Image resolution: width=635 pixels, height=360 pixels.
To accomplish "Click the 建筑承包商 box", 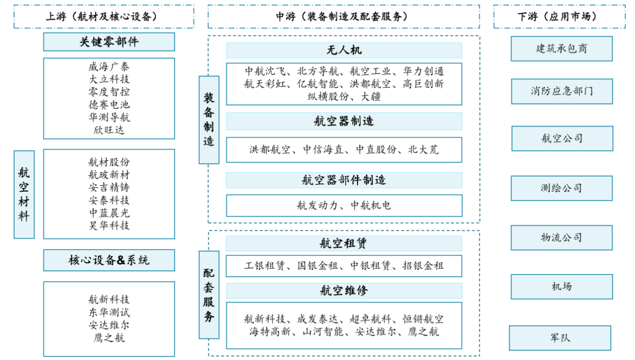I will pyautogui.click(x=561, y=49).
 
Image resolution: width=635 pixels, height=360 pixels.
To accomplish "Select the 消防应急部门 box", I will pyautogui.click(x=562, y=91).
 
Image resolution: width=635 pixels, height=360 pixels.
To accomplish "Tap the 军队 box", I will pyautogui.click(x=560, y=338).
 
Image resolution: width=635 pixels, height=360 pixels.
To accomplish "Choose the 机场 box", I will pyautogui.click(x=562, y=286).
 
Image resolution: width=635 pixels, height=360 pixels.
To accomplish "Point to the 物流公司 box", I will pyautogui.click(x=561, y=237).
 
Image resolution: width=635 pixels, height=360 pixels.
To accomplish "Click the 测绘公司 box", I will pyautogui.click(x=561, y=188).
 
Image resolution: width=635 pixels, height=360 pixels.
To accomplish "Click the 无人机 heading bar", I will pyautogui.click(x=344, y=50).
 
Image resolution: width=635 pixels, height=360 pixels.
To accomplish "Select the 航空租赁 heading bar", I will pyautogui.click(x=344, y=244).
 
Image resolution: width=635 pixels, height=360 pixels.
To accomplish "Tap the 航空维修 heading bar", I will pyautogui.click(x=344, y=290).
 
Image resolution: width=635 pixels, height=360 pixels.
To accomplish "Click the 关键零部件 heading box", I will pyautogui.click(x=109, y=42).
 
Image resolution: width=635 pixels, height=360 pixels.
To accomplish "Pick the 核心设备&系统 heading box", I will pyautogui.click(x=109, y=260).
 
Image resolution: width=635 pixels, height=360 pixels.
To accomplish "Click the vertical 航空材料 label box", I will pyautogui.click(x=24, y=194).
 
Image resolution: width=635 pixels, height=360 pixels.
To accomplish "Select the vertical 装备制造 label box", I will pyautogui.click(x=209, y=119).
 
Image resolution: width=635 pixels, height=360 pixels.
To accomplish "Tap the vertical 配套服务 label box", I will pyautogui.click(x=209, y=294).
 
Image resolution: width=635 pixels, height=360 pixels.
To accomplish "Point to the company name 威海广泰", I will pyautogui.click(x=109, y=67).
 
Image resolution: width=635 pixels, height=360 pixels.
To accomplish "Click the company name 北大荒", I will pyautogui.click(x=423, y=150).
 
